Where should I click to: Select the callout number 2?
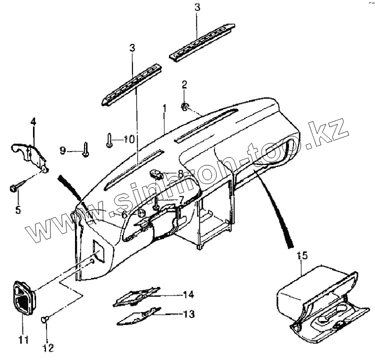coord(184,83)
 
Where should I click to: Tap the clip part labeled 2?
coord(185,105)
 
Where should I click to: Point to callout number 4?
coord(33,121)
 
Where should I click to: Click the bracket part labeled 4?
coord(30,152)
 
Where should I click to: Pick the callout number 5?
coord(18,209)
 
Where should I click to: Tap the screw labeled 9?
coord(86,149)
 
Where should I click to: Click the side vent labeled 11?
coord(23,299)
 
